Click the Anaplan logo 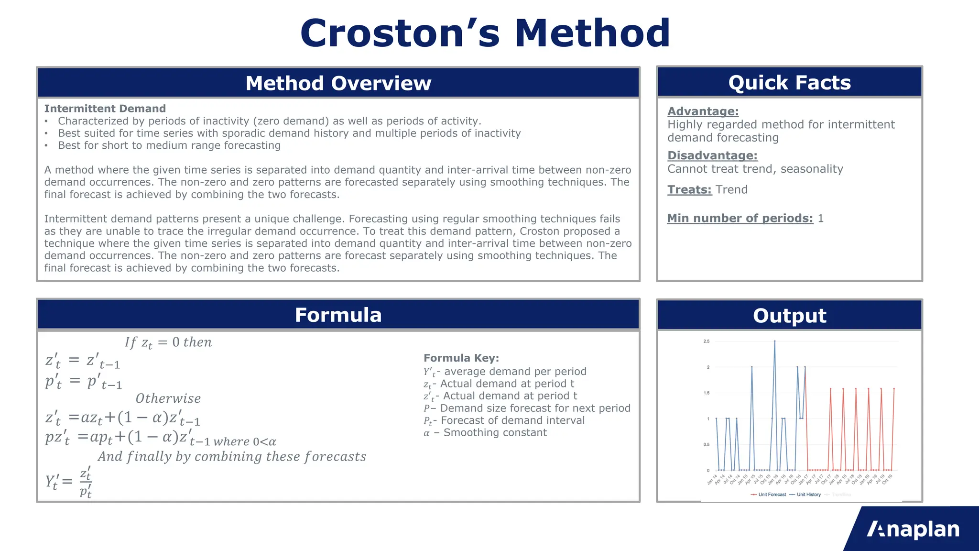pos(913,529)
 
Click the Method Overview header pos(338,83)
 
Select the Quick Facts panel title pos(789,83)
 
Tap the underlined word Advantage pos(703,111)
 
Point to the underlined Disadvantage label pos(712,155)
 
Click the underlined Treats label pos(689,190)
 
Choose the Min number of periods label pos(740,219)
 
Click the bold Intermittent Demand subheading pos(105,109)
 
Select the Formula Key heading pos(461,358)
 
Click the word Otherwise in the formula pos(168,398)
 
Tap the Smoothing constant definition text pos(495,433)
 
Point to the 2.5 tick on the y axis pos(707,342)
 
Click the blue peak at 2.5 pos(774,342)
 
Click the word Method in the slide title pos(592,33)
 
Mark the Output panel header pos(789,316)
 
